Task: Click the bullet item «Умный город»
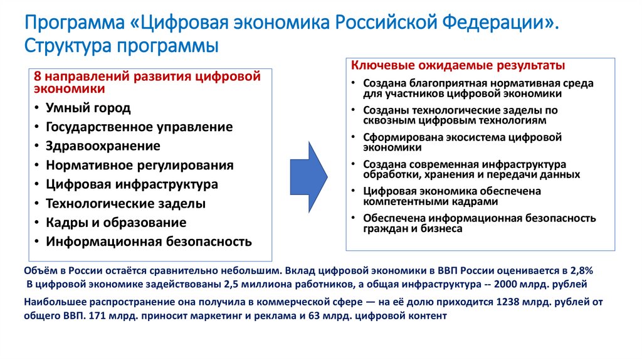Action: [88, 108]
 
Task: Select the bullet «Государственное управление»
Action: [139, 127]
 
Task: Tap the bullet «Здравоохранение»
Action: [103, 146]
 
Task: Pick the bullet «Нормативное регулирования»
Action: [139, 166]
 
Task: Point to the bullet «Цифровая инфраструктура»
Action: [132, 184]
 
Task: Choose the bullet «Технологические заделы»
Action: [125, 204]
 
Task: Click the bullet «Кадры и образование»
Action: [115, 223]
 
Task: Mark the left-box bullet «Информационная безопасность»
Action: [148, 241]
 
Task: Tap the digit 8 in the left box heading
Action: [37, 77]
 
